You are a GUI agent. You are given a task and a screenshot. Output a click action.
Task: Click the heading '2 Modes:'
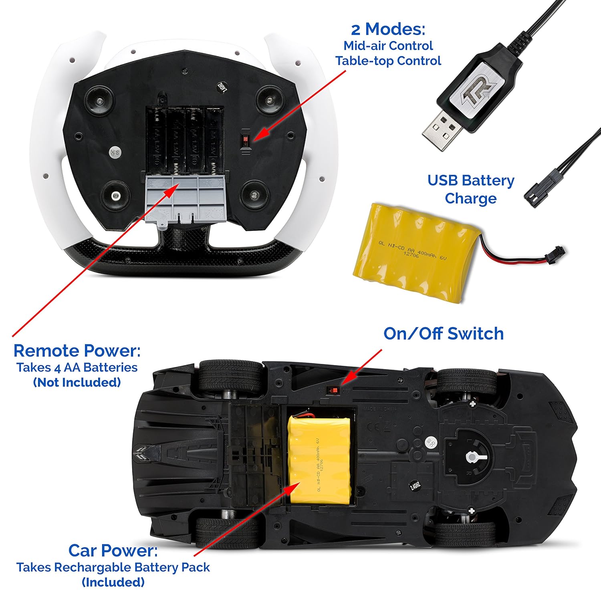tap(388, 29)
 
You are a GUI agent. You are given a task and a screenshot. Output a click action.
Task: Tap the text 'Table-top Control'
tap(388, 61)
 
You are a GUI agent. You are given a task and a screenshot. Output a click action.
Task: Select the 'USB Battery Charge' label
tap(470, 189)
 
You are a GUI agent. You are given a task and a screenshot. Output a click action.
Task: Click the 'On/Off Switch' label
tap(443, 333)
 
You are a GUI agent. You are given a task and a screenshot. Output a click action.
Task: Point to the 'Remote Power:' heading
tap(77, 351)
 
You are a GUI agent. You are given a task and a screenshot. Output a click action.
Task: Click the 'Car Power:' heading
tap(113, 550)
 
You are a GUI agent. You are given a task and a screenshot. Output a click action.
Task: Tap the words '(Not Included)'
tap(77, 382)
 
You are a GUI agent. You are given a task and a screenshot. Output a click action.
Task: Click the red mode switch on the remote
tap(245, 141)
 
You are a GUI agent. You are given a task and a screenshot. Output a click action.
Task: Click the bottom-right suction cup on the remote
tap(253, 195)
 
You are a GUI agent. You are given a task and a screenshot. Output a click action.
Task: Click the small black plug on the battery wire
tap(557, 252)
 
